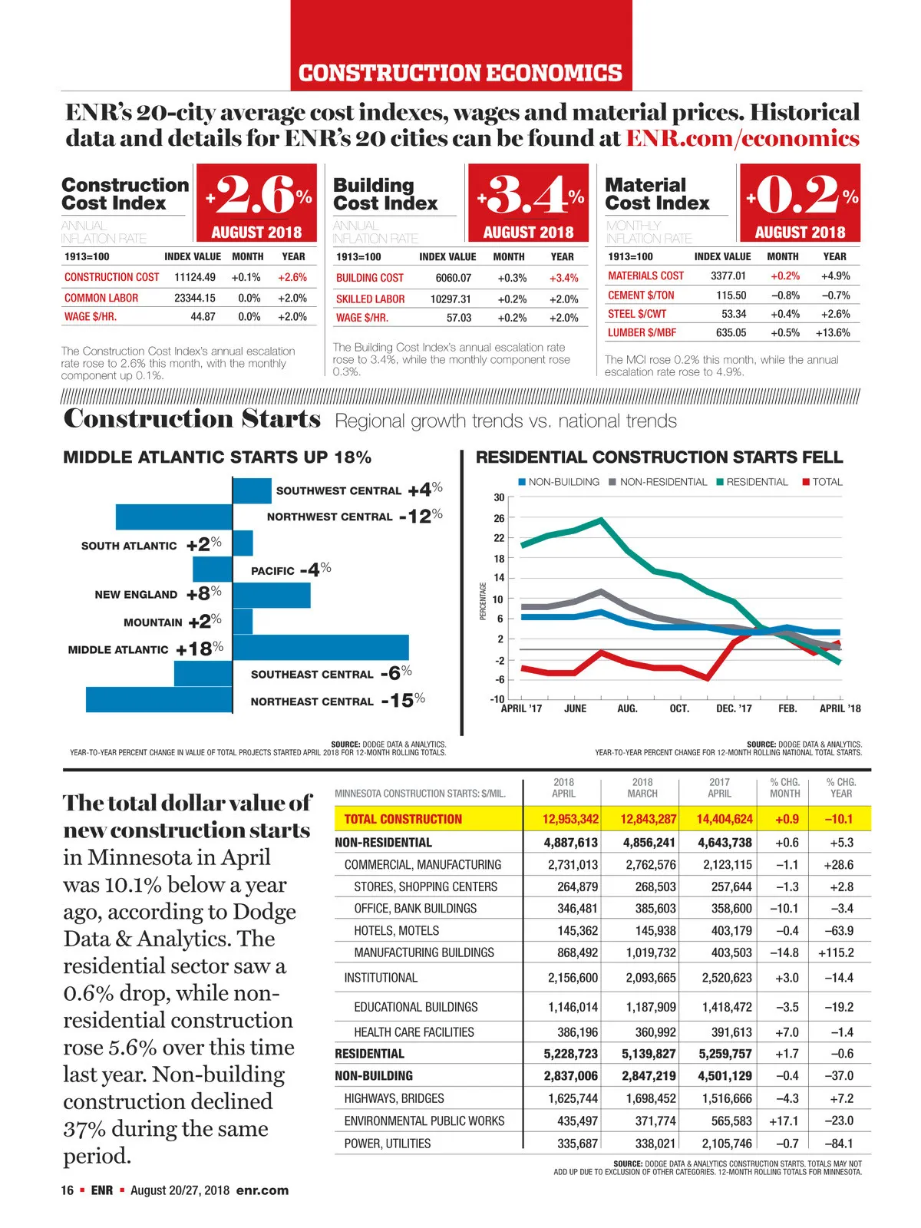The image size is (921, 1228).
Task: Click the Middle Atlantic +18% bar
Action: pyautogui.click(x=320, y=647)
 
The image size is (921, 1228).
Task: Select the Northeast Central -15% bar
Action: pyautogui.click(x=159, y=699)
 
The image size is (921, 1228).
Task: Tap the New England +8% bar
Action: pyautogui.click(x=271, y=595)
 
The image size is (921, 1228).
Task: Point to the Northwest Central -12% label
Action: pyautogui.click(x=352, y=517)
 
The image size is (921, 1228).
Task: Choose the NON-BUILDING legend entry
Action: pyautogui.click(x=559, y=482)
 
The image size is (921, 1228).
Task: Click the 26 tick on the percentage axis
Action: pyautogui.click(x=499, y=518)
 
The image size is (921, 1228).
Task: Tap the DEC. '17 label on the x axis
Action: pyautogui.click(x=734, y=708)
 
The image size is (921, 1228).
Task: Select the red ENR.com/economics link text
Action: pyautogui.click(x=742, y=138)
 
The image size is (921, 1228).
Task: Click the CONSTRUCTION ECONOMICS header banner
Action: pyautogui.click(x=460, y=73)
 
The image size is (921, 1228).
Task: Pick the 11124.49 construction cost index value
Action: pyautogui.click(x=195, y=277)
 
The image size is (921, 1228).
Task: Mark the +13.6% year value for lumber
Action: pyautogui.click(x=833, y=332)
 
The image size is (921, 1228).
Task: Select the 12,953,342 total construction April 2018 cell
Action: pyautogui.click(x=569, y=819)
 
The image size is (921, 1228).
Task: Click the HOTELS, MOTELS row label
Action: pyautogui.click(x=397, y=930)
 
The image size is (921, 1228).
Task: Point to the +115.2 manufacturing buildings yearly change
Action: pyautogui.click(x=836, y=952)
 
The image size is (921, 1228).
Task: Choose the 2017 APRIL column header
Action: pyautogui.click(x=719, y=787)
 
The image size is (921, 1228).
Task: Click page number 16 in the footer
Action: pyautogui.click(x=68, y=1190)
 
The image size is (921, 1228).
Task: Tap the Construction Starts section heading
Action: pyautogui.click(x=192, y=419)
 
